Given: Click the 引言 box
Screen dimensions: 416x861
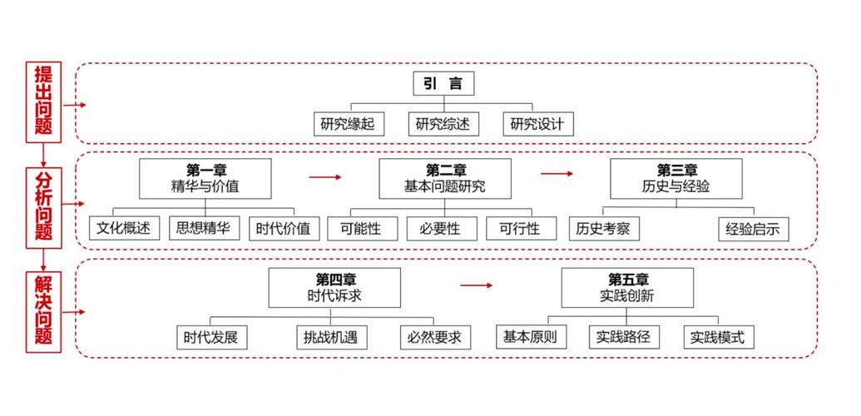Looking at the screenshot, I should pos(443,83).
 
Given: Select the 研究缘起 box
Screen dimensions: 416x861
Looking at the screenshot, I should pos(349,125).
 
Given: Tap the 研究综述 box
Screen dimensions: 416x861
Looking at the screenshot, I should pos(443,125).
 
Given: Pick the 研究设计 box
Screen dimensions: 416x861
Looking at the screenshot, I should pos(537,125).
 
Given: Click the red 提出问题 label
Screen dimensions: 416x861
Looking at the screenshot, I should pos(43,101).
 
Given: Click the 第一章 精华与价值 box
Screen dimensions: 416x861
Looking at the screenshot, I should pos(205,178).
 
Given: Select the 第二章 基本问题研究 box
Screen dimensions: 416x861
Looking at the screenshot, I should pos(444,178).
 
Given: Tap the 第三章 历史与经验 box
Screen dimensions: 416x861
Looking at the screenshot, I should pos(676,178).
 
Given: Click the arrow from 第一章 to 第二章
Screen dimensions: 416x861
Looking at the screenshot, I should pos(325,177).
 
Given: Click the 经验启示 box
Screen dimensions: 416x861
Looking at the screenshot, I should pos(752,229).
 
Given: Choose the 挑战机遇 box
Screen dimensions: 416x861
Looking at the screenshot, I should pos(331,337).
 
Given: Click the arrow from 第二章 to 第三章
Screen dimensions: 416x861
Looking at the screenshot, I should pos(557,174).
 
